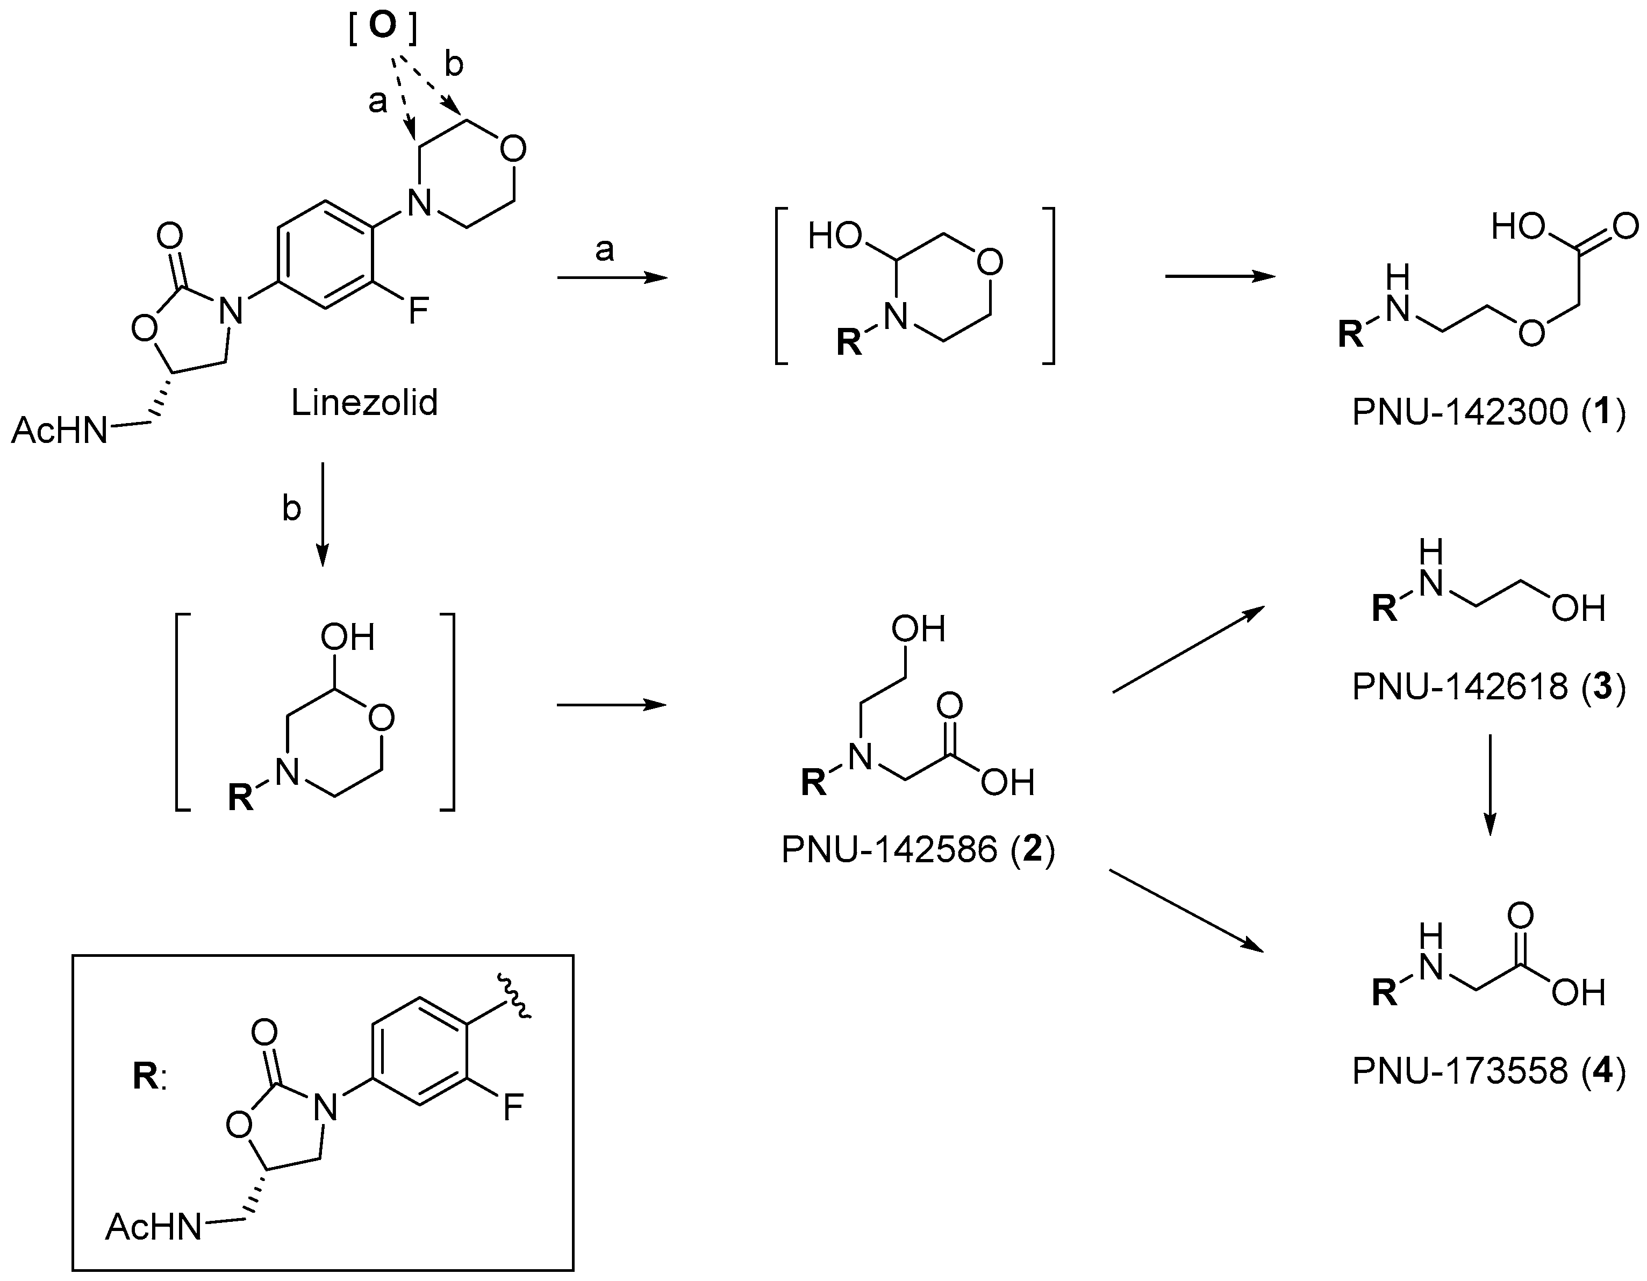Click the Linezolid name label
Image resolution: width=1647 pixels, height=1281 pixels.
(x=364, y=403)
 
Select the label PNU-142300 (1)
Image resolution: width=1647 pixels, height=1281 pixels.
(x=1488, y=413)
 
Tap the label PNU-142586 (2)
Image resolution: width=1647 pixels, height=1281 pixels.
(x=918, y=850)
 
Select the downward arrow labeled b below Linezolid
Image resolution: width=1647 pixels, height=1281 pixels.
(x=322, y=513)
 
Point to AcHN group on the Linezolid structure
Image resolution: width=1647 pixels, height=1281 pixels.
(x=60, y=431)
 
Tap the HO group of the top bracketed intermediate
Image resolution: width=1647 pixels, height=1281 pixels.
(x=835, y=237)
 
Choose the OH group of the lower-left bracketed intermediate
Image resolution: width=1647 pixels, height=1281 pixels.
(x=348, y=638)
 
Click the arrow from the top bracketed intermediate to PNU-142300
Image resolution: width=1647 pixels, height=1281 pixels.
(x=1220, y=277)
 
